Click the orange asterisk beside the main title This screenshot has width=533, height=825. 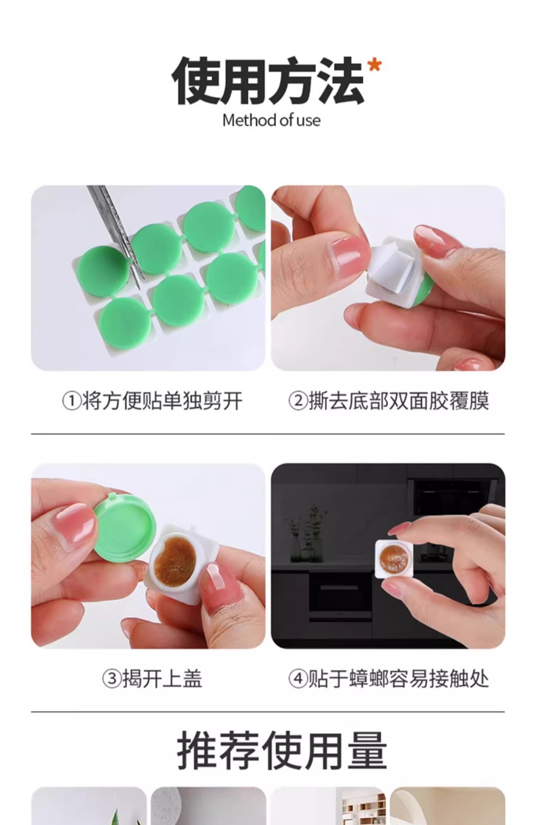(x=375, y=66)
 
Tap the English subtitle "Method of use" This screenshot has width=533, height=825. (x=271, y=120)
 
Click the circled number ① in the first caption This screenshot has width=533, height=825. (x=72, y=401)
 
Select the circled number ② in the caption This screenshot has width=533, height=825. (x=298, y=401)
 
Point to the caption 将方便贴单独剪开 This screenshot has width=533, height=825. (x=162, y=401)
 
